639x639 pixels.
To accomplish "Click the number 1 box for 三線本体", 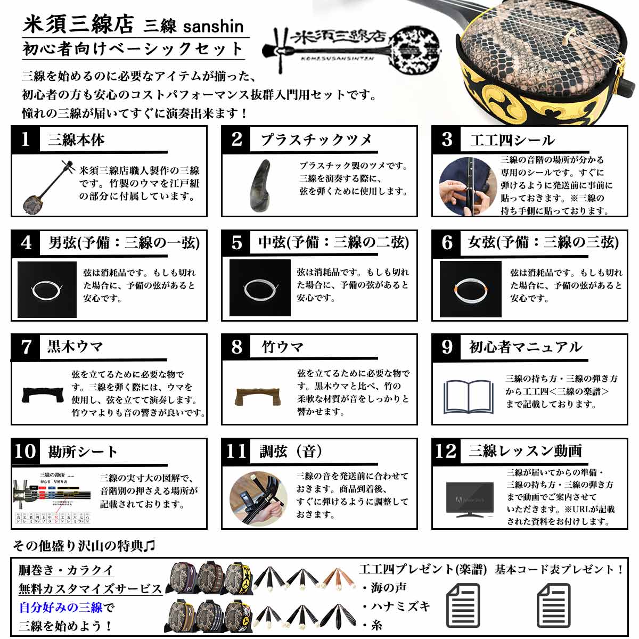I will pyautogui.click(x=24, y=140).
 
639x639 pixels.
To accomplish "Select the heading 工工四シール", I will pyautogui.click(x=512, y=140).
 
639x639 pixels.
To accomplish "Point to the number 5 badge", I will pyautogui.click(x=236, y=243).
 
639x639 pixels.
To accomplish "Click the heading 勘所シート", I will pyautogui.click(x=83, y=452).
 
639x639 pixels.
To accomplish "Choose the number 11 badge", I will pyautogui.click(x=236, y=451).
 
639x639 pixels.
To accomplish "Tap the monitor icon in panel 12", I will pyautogui.click(x=469, y=499).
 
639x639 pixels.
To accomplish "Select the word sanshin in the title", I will pyautogui.click(x=213, y=27).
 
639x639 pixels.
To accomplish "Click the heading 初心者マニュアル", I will pyautogui.click(x=525, y=347).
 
